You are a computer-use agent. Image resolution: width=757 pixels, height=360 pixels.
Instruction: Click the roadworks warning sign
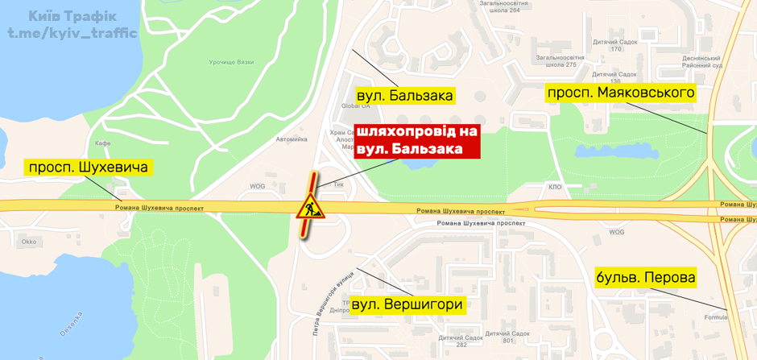[308, 208]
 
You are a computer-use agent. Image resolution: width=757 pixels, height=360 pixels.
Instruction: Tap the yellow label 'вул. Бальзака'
[404, 96]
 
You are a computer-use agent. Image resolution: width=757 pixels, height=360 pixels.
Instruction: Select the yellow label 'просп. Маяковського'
[621, 93]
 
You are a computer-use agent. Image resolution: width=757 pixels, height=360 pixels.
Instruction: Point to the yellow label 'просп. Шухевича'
[89, 168]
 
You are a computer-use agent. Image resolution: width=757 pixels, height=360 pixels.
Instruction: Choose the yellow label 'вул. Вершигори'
[407, 304]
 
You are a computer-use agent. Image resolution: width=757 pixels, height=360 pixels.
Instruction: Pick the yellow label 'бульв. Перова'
[646, 278]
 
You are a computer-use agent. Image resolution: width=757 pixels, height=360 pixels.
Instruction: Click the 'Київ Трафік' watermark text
[72, 16]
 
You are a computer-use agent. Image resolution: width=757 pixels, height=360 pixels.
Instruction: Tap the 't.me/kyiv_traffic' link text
[72, 33]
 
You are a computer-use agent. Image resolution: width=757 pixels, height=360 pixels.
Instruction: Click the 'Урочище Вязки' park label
[231, 62]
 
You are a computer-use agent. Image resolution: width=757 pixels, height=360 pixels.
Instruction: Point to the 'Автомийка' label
[292, 139]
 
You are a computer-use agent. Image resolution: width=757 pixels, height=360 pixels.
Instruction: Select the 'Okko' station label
[29, 241]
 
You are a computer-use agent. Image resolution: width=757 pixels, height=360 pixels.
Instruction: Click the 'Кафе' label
[102, 143]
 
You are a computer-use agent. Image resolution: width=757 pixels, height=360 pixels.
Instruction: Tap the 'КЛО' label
[555, 187]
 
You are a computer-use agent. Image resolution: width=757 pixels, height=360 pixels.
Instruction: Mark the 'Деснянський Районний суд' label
[700, 62]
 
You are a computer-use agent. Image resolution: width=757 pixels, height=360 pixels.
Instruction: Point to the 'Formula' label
[715, 317]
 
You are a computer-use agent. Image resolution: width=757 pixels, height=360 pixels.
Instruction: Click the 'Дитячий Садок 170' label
[615, 45]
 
